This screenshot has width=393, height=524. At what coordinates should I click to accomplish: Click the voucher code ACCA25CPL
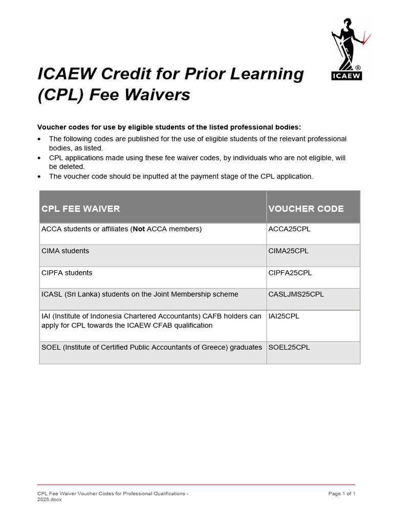click(x=289, y=229)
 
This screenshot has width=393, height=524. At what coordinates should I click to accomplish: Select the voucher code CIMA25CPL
click(x=289, y=251)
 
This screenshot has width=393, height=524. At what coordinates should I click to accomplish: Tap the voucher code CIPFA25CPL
click(x=290, y=273)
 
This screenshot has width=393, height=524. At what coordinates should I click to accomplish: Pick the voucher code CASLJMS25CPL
click(x=296, y=294)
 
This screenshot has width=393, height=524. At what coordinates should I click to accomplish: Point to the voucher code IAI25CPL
click(x=284, y=316)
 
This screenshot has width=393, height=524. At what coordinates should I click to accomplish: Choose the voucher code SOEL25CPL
click(x=289, y=347)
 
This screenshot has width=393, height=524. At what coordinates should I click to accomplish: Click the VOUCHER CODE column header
click(x=306, y=209)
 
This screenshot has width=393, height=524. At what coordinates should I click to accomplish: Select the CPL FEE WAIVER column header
click(x=81, y=209)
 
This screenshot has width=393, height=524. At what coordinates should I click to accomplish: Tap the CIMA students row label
click(x=65, y=251)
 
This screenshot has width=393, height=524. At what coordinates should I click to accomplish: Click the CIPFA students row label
click(x=67, y=273)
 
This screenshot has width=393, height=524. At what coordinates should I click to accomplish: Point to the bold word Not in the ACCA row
click(x=139, y=229)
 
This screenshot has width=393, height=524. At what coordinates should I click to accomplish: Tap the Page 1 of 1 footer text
click(x=341, y=494)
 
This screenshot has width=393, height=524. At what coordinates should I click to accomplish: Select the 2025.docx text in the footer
click(x=50, y=499)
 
